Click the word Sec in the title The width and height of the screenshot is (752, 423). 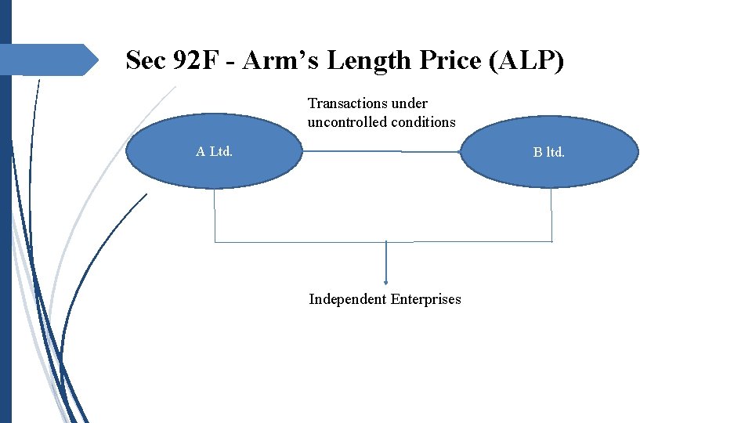146,60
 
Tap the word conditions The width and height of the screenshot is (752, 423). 425,122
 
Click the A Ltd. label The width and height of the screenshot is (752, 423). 214,152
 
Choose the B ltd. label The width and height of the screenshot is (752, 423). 548,152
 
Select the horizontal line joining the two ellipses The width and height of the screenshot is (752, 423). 382,151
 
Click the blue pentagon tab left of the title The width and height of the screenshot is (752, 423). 47,60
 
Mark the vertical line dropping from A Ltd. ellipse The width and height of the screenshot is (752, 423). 215,215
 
